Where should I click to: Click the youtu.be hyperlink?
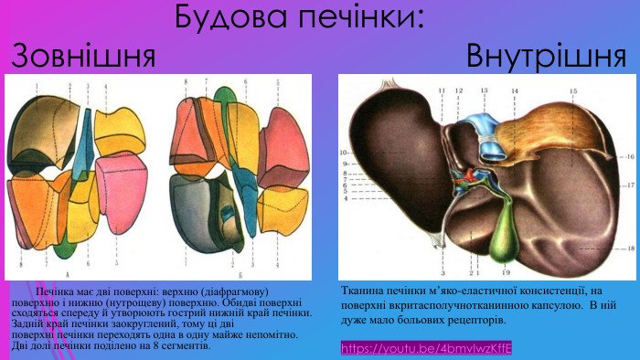coord(426,348)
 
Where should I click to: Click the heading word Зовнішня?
coord(83,58)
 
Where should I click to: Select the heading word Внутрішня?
coord(546,58)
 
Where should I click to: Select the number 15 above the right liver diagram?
coord(573,91)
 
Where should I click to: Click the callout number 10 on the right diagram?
coord(345,151)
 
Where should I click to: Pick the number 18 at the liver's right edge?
coord(630,248)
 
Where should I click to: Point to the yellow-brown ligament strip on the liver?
coord(549,137)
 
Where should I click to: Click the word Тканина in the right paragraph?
coord(367,290)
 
